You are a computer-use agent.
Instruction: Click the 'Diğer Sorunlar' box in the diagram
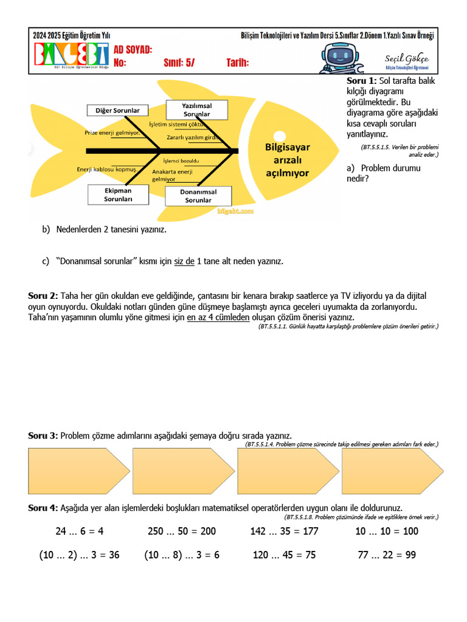pyautogui.click(x=117, y=111)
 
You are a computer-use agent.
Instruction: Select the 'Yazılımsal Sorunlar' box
pyautogui.click(x=196, y=109)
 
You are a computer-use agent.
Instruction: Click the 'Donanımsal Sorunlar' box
pyautogui.click(x=198, y=196)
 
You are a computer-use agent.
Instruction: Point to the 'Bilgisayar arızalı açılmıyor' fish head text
pyautogui.click(x=287, y=160)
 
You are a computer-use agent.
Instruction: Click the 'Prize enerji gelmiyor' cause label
pyautogui.click(x=112, y=132)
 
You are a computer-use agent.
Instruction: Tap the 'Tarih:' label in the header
pyautogui.click(x=238, y=63)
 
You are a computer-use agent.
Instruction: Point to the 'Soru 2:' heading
pyautogui.click(x=43, y=296)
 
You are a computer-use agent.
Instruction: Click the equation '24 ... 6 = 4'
pyautogui.click(x=80, y=531)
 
